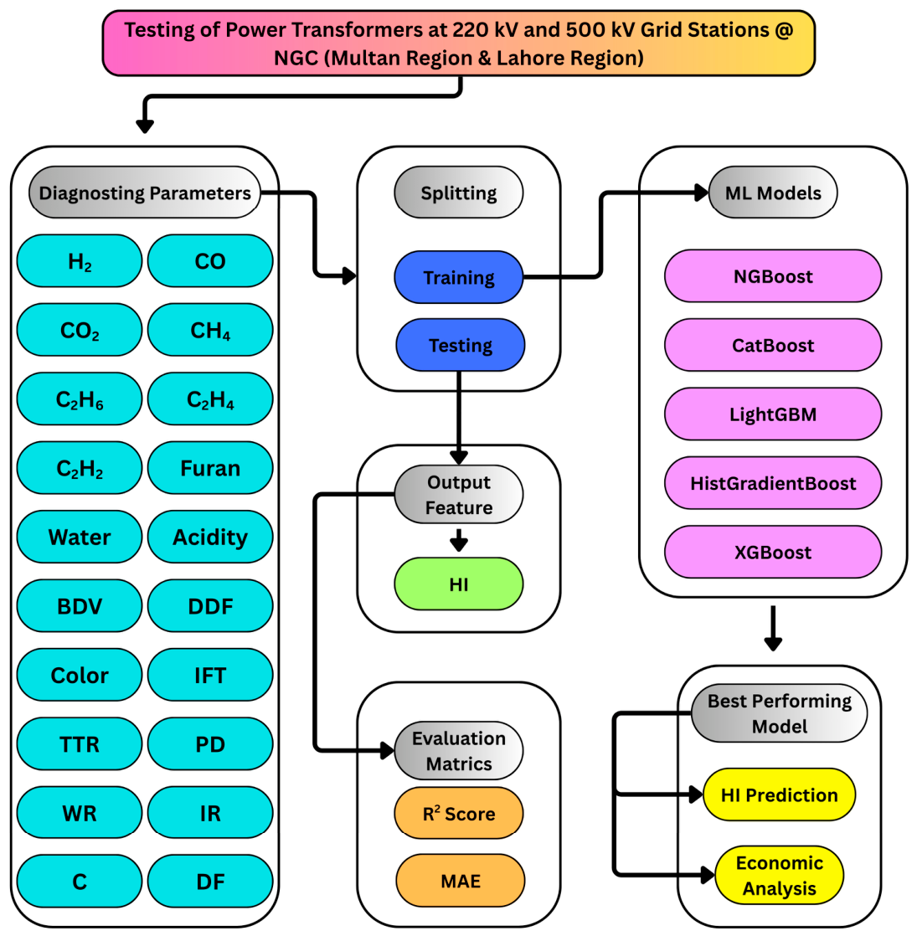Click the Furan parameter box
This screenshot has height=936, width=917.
pos(210,468)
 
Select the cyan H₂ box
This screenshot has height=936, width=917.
pos(80,261)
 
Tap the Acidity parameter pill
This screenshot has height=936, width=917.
pos(210,537)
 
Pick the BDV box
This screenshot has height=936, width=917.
pos(80,606)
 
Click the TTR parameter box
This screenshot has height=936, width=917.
pos(80,743)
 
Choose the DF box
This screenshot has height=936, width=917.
pos(210,882)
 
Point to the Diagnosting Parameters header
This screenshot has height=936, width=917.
pos(145,193)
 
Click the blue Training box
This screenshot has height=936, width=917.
pos(459,278)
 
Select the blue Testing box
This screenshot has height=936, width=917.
pos(461,345)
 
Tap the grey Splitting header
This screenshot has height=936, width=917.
pos(459,193)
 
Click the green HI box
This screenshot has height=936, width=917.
pos(459,584)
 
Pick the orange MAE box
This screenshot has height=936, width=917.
pos(461,881)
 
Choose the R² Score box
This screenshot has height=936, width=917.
pos(459,813)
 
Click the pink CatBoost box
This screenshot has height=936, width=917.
pos(773,345)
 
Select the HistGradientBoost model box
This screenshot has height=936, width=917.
pos(773,483)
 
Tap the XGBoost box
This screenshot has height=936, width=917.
pos(773,553)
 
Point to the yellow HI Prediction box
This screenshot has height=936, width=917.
pos(779,795)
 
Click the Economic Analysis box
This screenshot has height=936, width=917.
pos(779,875)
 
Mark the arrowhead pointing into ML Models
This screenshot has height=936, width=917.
pos(702,193)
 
